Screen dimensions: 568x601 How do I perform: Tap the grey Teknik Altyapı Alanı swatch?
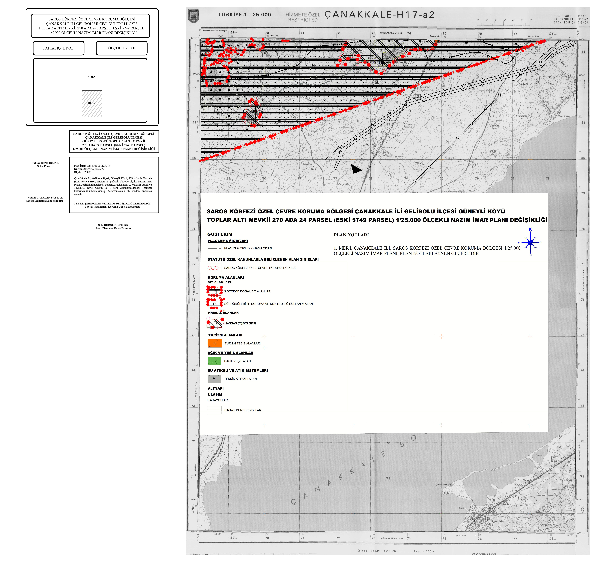214,379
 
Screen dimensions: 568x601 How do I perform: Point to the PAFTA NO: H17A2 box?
58,48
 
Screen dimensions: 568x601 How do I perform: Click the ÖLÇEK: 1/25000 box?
121,48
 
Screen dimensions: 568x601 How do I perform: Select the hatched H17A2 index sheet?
92,104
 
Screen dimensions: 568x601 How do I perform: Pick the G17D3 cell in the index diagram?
92,77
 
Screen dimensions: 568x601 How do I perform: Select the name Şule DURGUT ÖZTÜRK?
113,225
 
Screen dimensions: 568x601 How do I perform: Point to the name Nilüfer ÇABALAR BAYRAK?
45,197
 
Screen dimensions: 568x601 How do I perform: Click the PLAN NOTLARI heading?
351,235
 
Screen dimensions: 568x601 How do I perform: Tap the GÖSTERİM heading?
220,234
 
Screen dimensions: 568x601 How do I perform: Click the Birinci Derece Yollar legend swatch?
214,410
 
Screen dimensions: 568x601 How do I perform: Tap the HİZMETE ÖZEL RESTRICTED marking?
302,17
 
